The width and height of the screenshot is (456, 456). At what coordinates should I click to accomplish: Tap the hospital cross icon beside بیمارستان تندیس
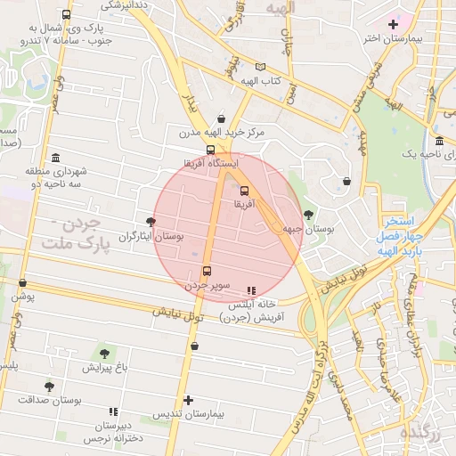[x=187, y=400]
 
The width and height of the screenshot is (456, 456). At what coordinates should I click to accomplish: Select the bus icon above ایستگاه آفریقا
[x=210, y=151]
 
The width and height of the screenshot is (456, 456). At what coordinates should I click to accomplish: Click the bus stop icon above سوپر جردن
[x=208, y=271]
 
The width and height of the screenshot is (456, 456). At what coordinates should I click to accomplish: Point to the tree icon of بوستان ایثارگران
[x=150, y=222]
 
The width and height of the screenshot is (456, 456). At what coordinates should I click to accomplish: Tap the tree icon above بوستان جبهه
[x=308, y=214]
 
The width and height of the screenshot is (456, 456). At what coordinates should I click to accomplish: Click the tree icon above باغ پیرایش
[x=104, y=354]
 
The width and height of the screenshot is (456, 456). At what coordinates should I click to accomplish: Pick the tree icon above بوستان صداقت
[x=48, y=387]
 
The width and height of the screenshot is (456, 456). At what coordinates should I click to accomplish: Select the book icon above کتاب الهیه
[x=260, y=67]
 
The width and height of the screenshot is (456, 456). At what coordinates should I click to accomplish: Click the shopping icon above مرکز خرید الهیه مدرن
[x=220, y=118]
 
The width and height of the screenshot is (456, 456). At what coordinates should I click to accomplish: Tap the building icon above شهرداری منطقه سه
[x=55, y=157]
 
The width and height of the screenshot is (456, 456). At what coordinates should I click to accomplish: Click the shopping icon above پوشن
[x=22, y=283]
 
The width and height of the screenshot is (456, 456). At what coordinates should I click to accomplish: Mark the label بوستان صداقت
[x=50, y=401]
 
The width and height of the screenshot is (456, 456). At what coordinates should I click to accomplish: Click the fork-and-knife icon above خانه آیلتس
[x=251, y=289]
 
